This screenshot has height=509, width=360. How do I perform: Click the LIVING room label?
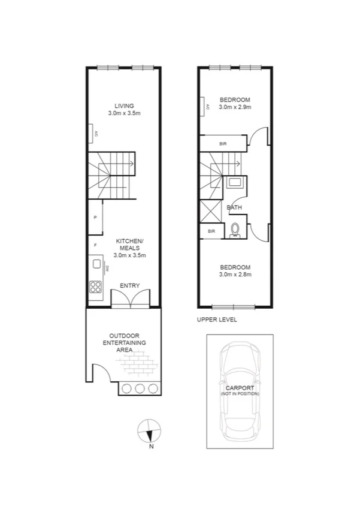[125, 106]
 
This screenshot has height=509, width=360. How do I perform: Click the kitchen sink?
[95, 264]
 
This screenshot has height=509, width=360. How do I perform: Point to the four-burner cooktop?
[95, 286]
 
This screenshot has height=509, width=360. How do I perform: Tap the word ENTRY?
[130, 286]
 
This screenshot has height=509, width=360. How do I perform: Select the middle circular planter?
[140, 388]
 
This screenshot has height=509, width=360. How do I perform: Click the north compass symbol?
[149, 430]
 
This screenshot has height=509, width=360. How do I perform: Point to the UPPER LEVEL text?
[217, 320]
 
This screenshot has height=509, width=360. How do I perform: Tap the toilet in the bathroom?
[235, 230]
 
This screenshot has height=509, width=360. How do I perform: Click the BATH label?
[234, 208]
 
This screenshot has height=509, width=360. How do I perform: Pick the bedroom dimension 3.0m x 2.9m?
[234, 107]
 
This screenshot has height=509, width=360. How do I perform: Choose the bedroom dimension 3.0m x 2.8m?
[234, 275]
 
